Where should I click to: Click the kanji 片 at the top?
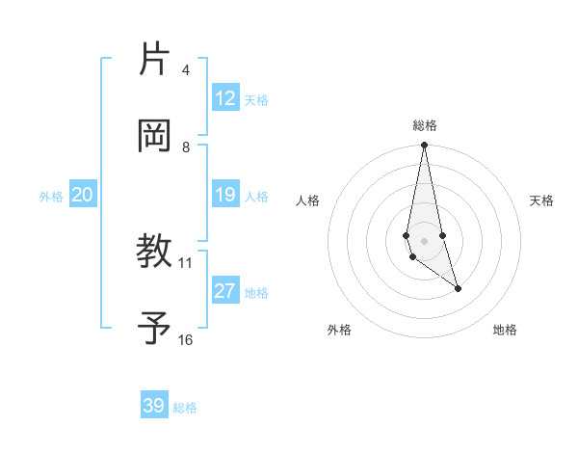(x=154, y=59)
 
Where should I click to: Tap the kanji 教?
(x=154, y=252)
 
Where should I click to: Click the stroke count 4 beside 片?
(x=185, y=70)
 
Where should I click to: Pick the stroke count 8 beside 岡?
(x=186, y=147)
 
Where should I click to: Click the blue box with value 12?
(x=225, y=98)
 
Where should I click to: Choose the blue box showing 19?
(x=225, y=195)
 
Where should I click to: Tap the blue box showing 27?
(x=225, y=291)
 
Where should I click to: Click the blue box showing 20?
(x=82, y=195)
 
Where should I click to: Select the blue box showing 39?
(x=154, y=406)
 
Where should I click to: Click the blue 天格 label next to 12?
(x=256, y=99)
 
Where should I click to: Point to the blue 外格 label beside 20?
(x=51, y=196)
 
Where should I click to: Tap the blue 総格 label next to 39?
(x=185, y=408)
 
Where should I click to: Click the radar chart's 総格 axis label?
(x=425, y=125)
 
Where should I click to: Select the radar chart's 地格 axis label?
(x=505, y=330)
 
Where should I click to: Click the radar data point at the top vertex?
(x=424, y=146)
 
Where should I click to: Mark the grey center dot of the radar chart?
(x=424, y=240)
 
